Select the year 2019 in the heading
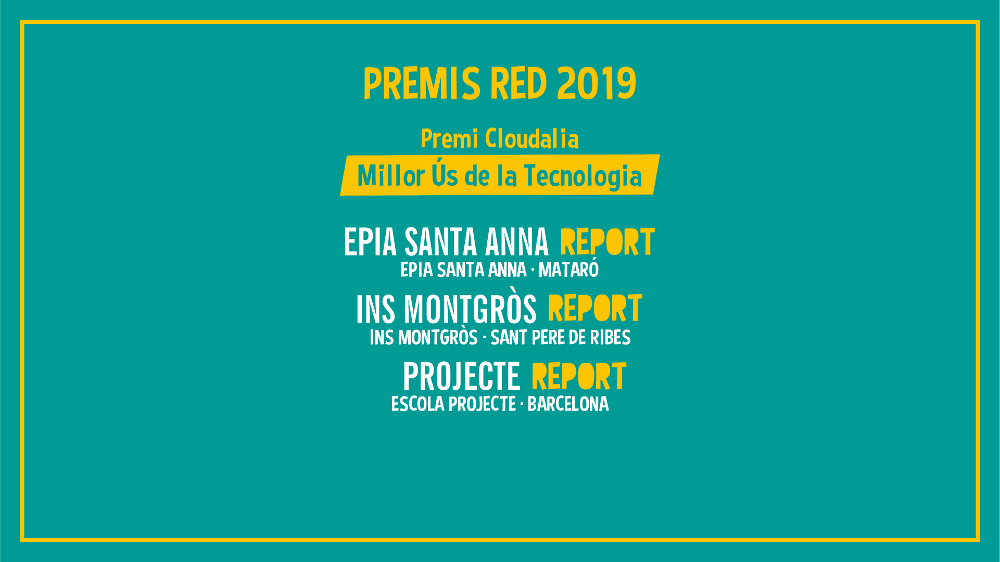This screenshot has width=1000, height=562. point(597,84)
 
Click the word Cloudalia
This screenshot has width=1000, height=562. point(532,139)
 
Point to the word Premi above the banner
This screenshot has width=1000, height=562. point(449,139)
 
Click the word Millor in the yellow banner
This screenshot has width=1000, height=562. point(391,176)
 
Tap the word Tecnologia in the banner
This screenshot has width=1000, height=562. point(583,176)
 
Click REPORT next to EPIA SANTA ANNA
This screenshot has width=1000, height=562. point(607,242)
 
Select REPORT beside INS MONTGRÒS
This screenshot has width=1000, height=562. point(595,309)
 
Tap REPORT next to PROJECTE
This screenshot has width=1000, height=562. point(579,376)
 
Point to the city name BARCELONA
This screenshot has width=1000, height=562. point(568,404)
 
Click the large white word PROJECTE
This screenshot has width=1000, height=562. point(462,376)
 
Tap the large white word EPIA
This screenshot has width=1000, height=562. point(370,242)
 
